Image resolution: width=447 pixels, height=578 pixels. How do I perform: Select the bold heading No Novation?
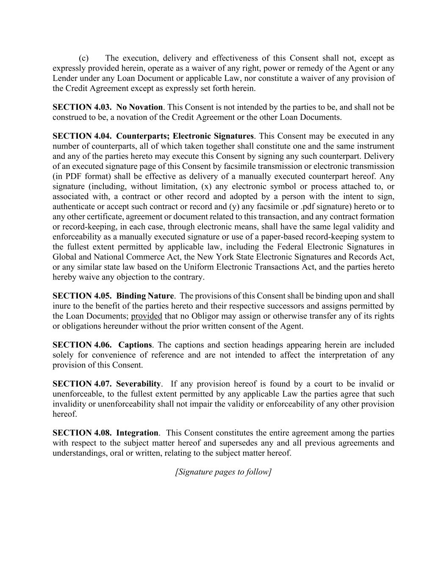pos(139,107)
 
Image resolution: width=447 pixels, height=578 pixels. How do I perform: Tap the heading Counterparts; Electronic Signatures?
pos(185,136)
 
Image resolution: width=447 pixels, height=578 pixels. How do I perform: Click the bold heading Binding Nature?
pos(145,296)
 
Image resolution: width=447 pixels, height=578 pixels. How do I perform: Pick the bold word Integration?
pos(137,433)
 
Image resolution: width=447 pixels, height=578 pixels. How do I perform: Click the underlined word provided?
pos(147,316)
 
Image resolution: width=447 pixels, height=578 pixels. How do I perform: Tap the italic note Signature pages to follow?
pos(223,472)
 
